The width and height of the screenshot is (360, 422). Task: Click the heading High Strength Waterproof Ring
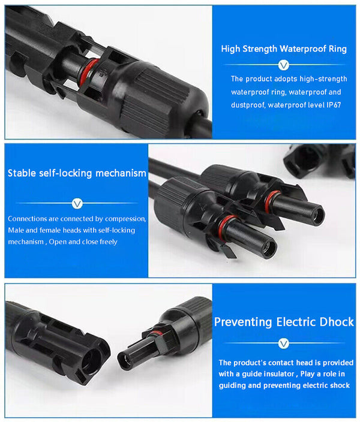click(x=284, y=49)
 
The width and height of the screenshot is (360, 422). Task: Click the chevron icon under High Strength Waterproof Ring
click(x=284, y=65)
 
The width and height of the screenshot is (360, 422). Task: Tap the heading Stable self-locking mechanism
click(x=77, y=173)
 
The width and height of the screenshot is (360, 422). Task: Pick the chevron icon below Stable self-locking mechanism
click(x=77, y=204)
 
